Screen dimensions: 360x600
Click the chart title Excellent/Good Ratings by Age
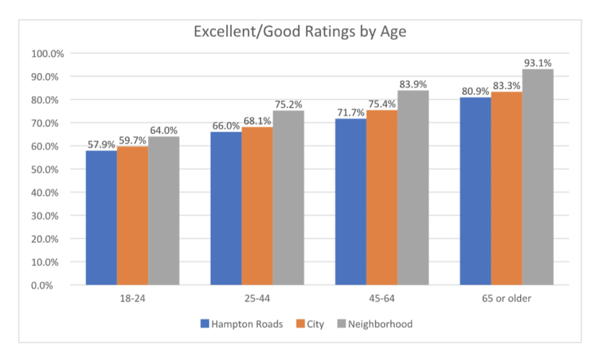point(299,33)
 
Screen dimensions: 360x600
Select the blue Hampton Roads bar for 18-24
point(101,218)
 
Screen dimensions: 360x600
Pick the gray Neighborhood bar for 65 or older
point(538,176)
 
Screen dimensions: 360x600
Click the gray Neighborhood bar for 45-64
point(413,187)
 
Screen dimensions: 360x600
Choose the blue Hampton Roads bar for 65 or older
point(476,191)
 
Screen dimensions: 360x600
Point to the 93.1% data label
point(538,63)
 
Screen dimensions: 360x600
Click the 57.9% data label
point(101,144)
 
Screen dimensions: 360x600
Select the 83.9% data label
point(413,84)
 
